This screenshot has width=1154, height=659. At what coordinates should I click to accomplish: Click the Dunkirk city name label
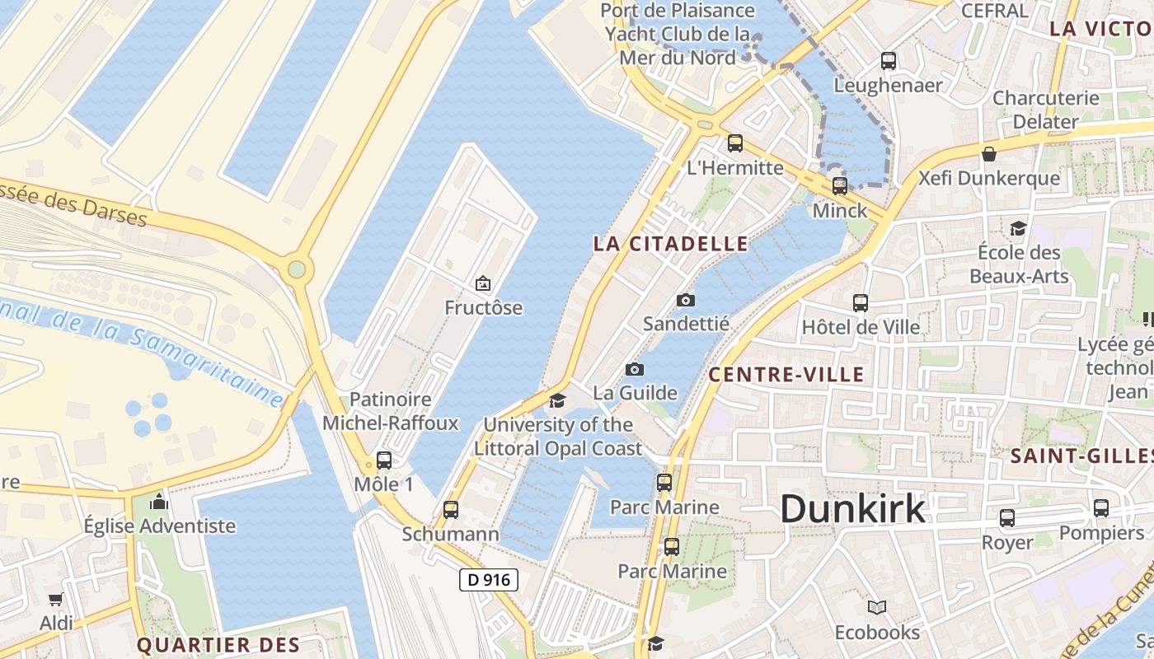tap(852, 508)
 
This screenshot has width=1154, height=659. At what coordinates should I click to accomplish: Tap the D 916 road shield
tap(489, 580)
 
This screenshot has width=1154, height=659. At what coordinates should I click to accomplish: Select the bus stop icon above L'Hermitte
tap(734, 143)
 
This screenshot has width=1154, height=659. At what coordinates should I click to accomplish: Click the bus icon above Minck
tap(839, 186)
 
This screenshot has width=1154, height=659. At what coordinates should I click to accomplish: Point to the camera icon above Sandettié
tap(685, 300)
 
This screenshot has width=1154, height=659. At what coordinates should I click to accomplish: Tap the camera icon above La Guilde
tap(634, 369)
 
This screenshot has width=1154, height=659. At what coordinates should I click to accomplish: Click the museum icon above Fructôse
tap(483, 284)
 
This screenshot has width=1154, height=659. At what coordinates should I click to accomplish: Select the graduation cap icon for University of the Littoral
tap(558, 401)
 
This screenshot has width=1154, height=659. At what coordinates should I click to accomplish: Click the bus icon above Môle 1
tap(383, 460)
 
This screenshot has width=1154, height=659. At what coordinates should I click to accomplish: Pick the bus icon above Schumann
tap(450, 510)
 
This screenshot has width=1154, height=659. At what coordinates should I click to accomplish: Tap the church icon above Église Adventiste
tap(159, 502)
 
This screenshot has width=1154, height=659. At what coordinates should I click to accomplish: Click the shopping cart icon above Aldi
tap(55, 599)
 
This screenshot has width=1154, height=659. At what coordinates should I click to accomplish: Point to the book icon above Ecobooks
tap(877, 608)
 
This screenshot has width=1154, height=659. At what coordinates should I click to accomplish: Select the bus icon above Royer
tap(1006, 518)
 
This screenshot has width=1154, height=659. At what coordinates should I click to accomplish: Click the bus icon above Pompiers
tap(1101, 508)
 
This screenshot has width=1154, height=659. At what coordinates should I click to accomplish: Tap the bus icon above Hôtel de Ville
tap(861, 302)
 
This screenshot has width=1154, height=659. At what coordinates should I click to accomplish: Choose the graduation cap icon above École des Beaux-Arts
tap(1019, 227)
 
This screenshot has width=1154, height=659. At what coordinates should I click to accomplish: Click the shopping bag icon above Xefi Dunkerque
tap(989, 154)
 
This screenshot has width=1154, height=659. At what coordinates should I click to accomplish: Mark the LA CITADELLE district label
tap(671, 244)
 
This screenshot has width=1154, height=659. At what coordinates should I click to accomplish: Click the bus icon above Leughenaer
tap(888, 61)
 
